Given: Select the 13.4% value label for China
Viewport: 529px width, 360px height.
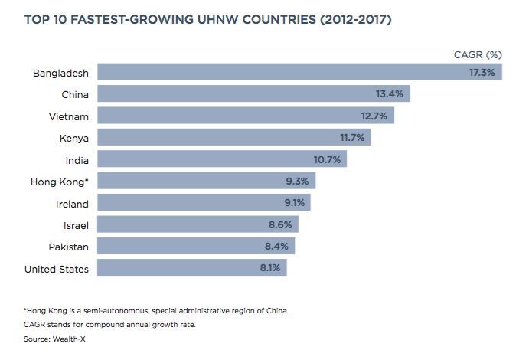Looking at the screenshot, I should (x=391, y=94).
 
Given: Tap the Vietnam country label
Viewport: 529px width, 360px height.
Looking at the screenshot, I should (x=68, y=116).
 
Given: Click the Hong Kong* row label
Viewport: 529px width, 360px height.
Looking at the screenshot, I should (x=59, y=182).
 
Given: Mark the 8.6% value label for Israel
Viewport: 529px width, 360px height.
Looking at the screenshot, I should (x=279, y=225).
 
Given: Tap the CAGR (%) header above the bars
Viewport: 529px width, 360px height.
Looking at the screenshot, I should (x=478, y=54).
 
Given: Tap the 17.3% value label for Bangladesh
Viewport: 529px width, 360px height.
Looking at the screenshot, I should (x=483, y=72).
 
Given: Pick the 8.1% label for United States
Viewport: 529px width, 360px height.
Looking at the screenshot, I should (x=271, y=269).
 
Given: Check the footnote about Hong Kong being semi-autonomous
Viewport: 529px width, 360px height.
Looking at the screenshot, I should (x=157, y=311).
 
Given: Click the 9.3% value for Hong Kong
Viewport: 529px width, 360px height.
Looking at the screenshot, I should (x=297, y=182).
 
